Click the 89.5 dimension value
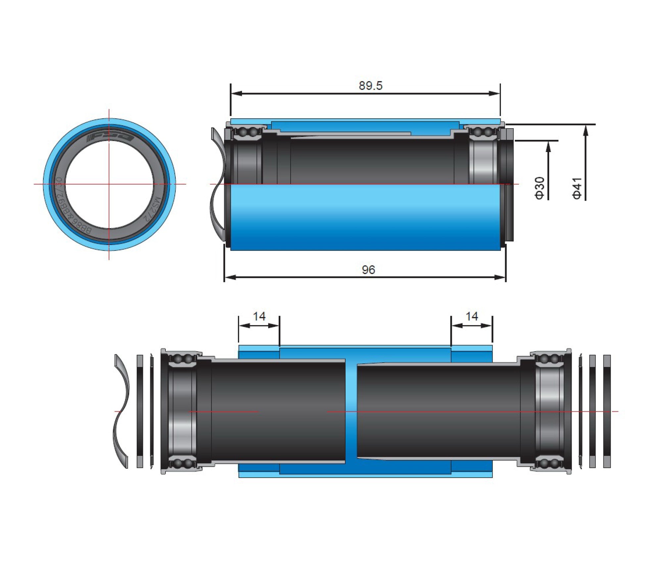pos(370,86)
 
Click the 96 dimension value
pos(368,270)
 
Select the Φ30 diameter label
pos(540,188)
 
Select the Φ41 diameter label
pos(577,188)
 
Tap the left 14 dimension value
pos(259,316)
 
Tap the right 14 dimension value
pos(472,316)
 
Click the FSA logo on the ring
pos(110,137)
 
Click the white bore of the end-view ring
pos(109,184)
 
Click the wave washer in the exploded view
pos(121,411)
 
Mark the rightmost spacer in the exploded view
pos(607,411)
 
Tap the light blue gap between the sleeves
pos(351,411)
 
